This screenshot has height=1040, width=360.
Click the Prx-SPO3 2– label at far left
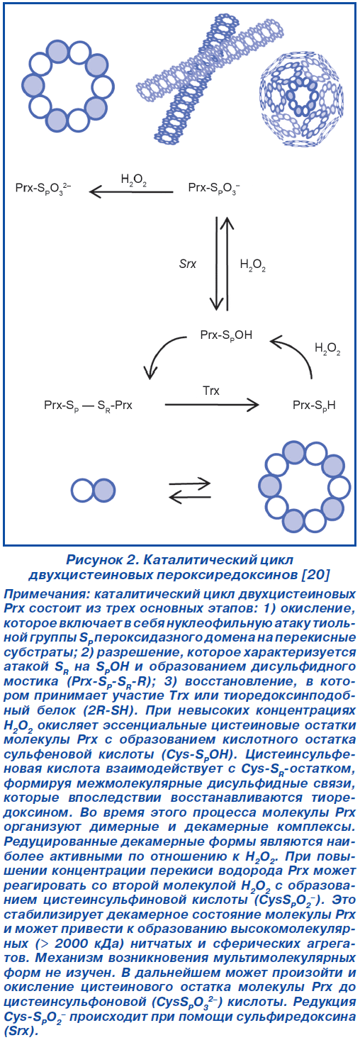click(43, 189)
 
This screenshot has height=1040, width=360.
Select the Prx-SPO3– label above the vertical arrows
click(214, 189)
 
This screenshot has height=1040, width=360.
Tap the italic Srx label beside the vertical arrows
click(188, 264)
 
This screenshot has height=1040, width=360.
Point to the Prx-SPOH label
click(226, 335)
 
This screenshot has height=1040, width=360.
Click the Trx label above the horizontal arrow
click(210, 391)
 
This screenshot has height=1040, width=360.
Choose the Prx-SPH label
click(314, 406)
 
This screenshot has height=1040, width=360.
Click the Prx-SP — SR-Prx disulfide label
click(88, 406)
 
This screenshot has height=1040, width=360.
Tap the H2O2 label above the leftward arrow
click(134, 180)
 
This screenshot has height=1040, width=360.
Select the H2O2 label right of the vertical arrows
click(252, 265)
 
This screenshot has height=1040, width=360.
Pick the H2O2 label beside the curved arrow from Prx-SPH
click(327, 349)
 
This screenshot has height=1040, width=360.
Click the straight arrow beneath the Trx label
click(212, 405)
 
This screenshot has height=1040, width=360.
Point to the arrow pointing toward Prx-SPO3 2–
click(131, 191)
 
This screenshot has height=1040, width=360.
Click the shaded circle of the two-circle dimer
click(104, 491)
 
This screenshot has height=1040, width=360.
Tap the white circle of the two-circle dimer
click(83, 491)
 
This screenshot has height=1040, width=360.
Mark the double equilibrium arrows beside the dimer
click(189, 490)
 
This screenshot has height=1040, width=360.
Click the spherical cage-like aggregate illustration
click(302, 98)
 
